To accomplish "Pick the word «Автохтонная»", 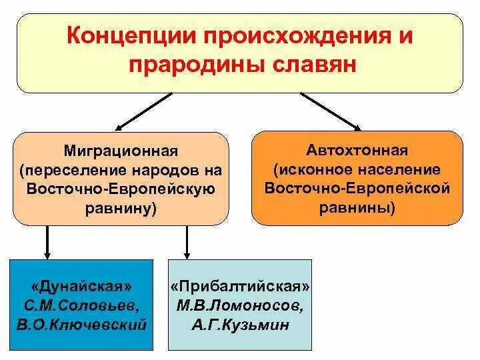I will (357, 150).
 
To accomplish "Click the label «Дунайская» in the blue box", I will (81, 286).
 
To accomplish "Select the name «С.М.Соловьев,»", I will (81, 305).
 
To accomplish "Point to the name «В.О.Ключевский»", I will (81, 325).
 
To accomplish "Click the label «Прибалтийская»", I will (240, 286).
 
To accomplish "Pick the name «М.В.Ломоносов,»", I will (240, 306).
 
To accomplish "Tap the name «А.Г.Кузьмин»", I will (240, 326).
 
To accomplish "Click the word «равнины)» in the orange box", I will (357, 207).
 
